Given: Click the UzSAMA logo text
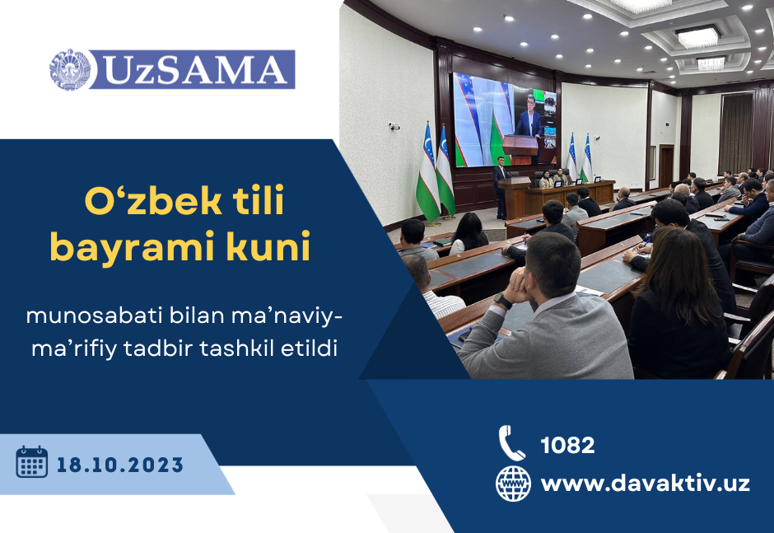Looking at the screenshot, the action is pyautogui.click(x=195, y=70).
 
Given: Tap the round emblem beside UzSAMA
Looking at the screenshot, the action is pyautogui.click(x=70, y=70).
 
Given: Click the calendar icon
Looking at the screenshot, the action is pyautogui.click(x=32, y=462).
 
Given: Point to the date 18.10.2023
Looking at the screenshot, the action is pyautogui.click(x=120, y=465).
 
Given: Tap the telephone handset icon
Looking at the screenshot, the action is pyautogui.click(x=511, y=443).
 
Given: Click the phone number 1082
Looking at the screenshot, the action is pyautogui.click(x=567, y=445).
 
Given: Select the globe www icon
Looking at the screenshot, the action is pyautogui.click(x=513, y=484).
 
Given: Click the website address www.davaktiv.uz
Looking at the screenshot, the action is pyautogui.click(x=646, y=483).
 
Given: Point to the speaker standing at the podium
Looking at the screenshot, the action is pyautogui.click(x=501, y=188).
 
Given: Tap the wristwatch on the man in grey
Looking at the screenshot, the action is pyautogui.click(x=503, y=301).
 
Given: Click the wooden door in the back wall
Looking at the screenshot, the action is pyautogui.click(x=666, y=166).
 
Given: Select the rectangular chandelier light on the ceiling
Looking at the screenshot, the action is pyautogui.click(x=698, y=37).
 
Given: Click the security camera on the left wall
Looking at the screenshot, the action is pyautogui.click(x=394, y=127).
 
